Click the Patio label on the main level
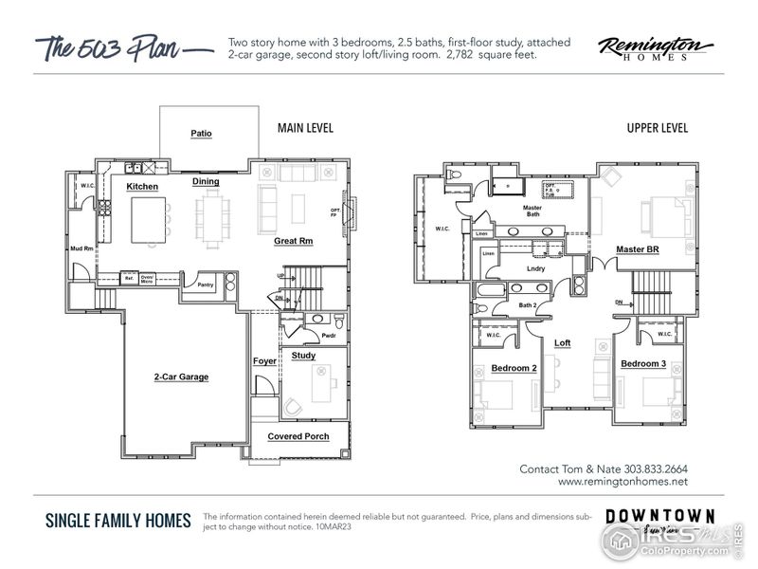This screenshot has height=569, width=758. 201,134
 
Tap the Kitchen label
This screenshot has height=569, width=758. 142,187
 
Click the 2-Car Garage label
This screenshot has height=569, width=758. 181,376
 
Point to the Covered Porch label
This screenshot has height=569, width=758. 298,436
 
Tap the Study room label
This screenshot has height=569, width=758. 303,356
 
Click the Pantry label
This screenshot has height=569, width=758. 204,284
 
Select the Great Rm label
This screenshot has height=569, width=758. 294,241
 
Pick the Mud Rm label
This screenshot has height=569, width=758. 81,248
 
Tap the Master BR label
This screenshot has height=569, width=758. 637,249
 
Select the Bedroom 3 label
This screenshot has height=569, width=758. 643,364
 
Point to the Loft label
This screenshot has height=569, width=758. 562,342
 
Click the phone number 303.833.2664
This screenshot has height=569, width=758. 655,468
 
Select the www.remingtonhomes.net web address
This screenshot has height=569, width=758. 623,482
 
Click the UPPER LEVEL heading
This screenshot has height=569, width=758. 657,128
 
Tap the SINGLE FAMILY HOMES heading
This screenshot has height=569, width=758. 118,521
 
